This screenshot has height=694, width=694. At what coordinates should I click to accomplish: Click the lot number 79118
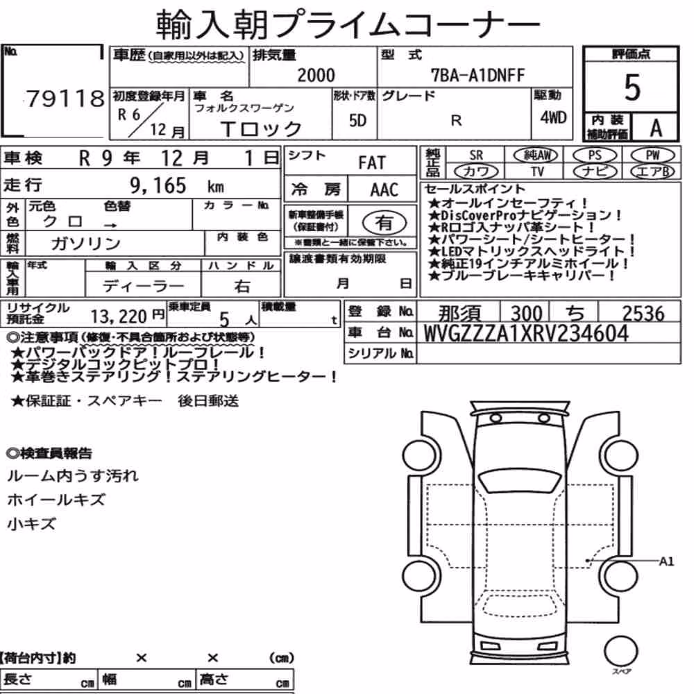[65, 99]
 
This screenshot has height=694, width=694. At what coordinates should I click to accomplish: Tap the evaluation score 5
[632, 87]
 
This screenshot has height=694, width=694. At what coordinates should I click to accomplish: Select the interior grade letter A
[656, 128]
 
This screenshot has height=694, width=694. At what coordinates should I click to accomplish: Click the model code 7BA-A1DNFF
[477, 75]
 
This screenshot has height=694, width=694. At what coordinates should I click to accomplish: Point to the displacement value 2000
[316, 75]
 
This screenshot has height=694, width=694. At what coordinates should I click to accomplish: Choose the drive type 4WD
[553, 117]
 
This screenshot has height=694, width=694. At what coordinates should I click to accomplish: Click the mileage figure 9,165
[158, 185]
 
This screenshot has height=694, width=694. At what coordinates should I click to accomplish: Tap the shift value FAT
[372, 162]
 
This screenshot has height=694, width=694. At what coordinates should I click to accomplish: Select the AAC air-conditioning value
[384, 189]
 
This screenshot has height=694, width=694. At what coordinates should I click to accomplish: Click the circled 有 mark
[384, 223]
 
